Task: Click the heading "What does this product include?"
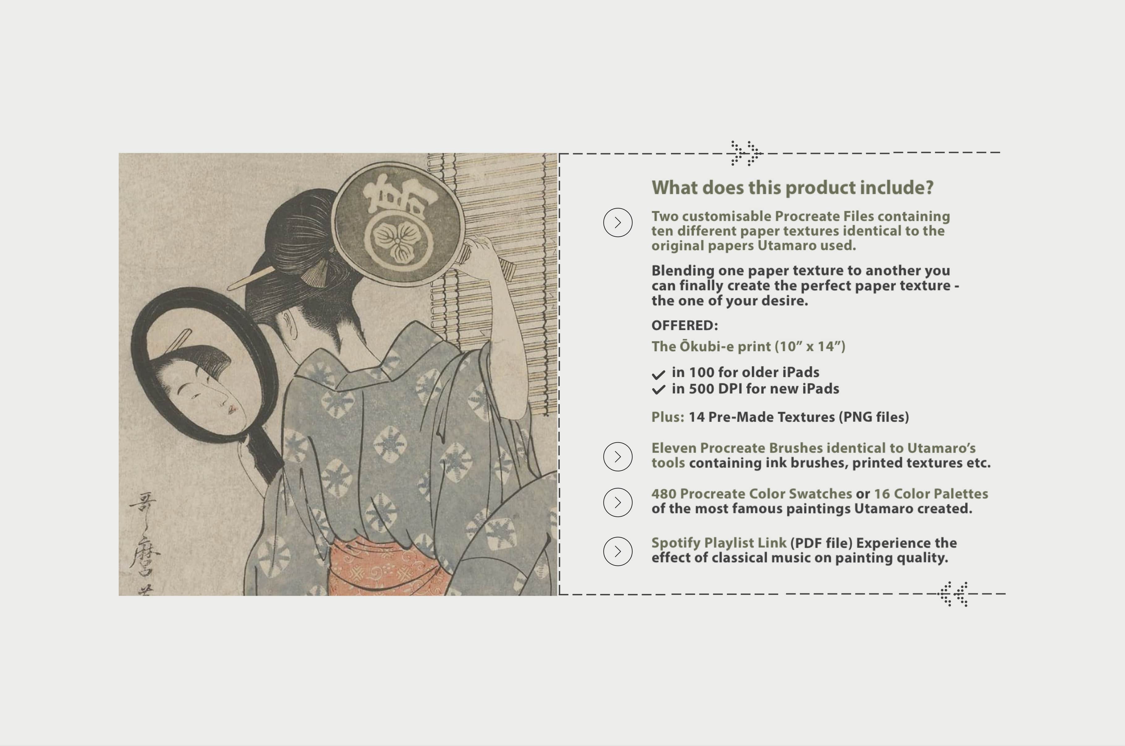click(792, 188)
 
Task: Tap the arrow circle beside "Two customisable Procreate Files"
click(618, 222)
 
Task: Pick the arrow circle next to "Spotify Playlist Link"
click(618, 551)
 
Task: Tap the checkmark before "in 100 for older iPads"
click(658, 375)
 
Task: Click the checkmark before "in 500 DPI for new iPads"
click(658, 390)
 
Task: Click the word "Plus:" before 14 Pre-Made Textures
click(667, 417)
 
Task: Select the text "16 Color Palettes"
click(931, 494)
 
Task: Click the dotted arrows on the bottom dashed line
click(953, 594)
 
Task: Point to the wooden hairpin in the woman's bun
click(250, 278)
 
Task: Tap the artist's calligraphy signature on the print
click(144, 542)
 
